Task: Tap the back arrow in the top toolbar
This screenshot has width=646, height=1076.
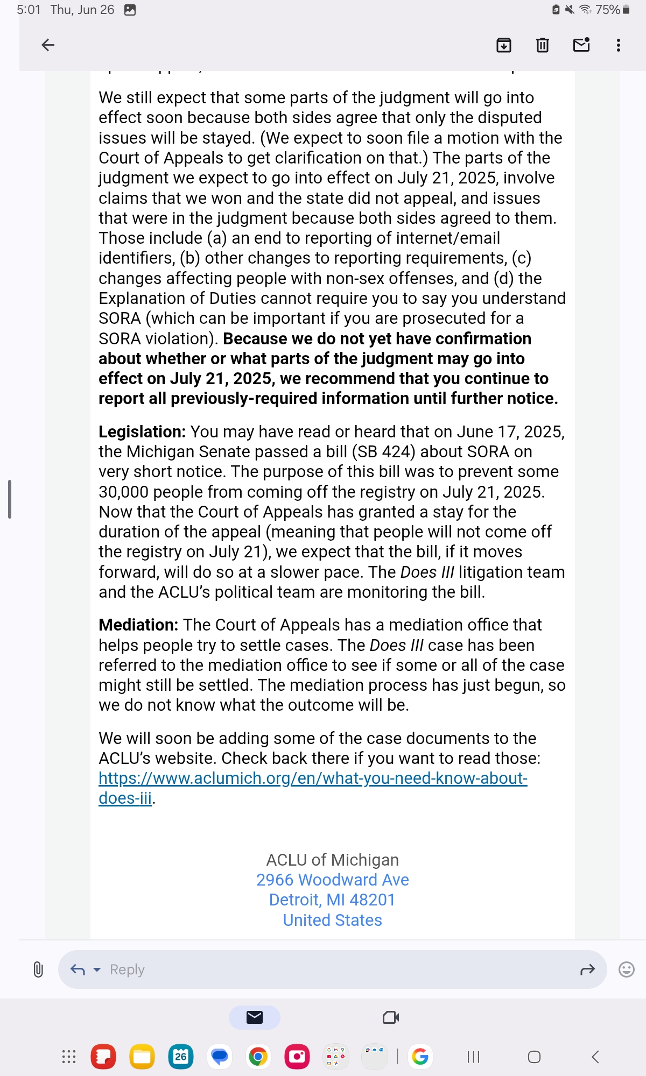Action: (x=48, y=45)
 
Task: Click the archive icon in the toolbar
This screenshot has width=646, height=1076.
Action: (x=503, y=45)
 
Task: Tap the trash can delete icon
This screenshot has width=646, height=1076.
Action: (x=543, y=45)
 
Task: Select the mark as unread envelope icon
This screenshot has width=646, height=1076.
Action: (x=581, y=45)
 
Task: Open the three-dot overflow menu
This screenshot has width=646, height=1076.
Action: (x=619, y=45)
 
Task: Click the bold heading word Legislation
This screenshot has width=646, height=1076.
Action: (x=142, y=432)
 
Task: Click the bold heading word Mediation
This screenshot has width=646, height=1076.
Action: (x=138, y=625)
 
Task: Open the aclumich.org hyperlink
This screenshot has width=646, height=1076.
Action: (x=312, y=778)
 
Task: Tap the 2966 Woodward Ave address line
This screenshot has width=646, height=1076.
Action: (x=332, y=880)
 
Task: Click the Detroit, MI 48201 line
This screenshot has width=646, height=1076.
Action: (x=332, y=900)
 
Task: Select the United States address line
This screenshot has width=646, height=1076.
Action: (x=332, y=920)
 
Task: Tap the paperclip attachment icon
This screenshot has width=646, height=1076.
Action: (x=38, y=969)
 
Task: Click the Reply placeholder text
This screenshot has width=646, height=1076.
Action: (x=127, y=969)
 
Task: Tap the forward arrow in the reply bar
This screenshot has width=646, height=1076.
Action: (x=587, y=969)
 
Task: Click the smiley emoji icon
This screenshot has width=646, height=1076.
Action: (x=627, y=969)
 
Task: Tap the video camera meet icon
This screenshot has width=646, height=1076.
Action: (x=391, y=1017)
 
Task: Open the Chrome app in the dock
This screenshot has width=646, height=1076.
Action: (x=258, y=1057)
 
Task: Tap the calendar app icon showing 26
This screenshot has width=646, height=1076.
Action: (x=181, y=1057)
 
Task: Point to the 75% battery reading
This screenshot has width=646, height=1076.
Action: (x=607, y=10)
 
